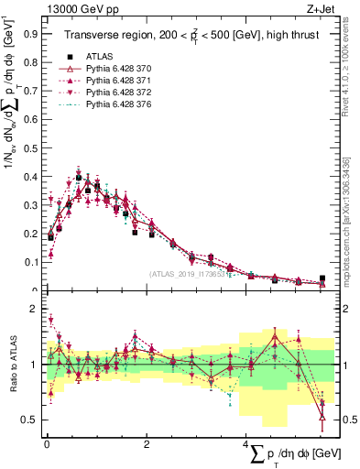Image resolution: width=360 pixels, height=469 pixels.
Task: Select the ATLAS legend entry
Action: coord(95,55)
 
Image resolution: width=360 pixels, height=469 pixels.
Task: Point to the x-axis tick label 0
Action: coord(47,443)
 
